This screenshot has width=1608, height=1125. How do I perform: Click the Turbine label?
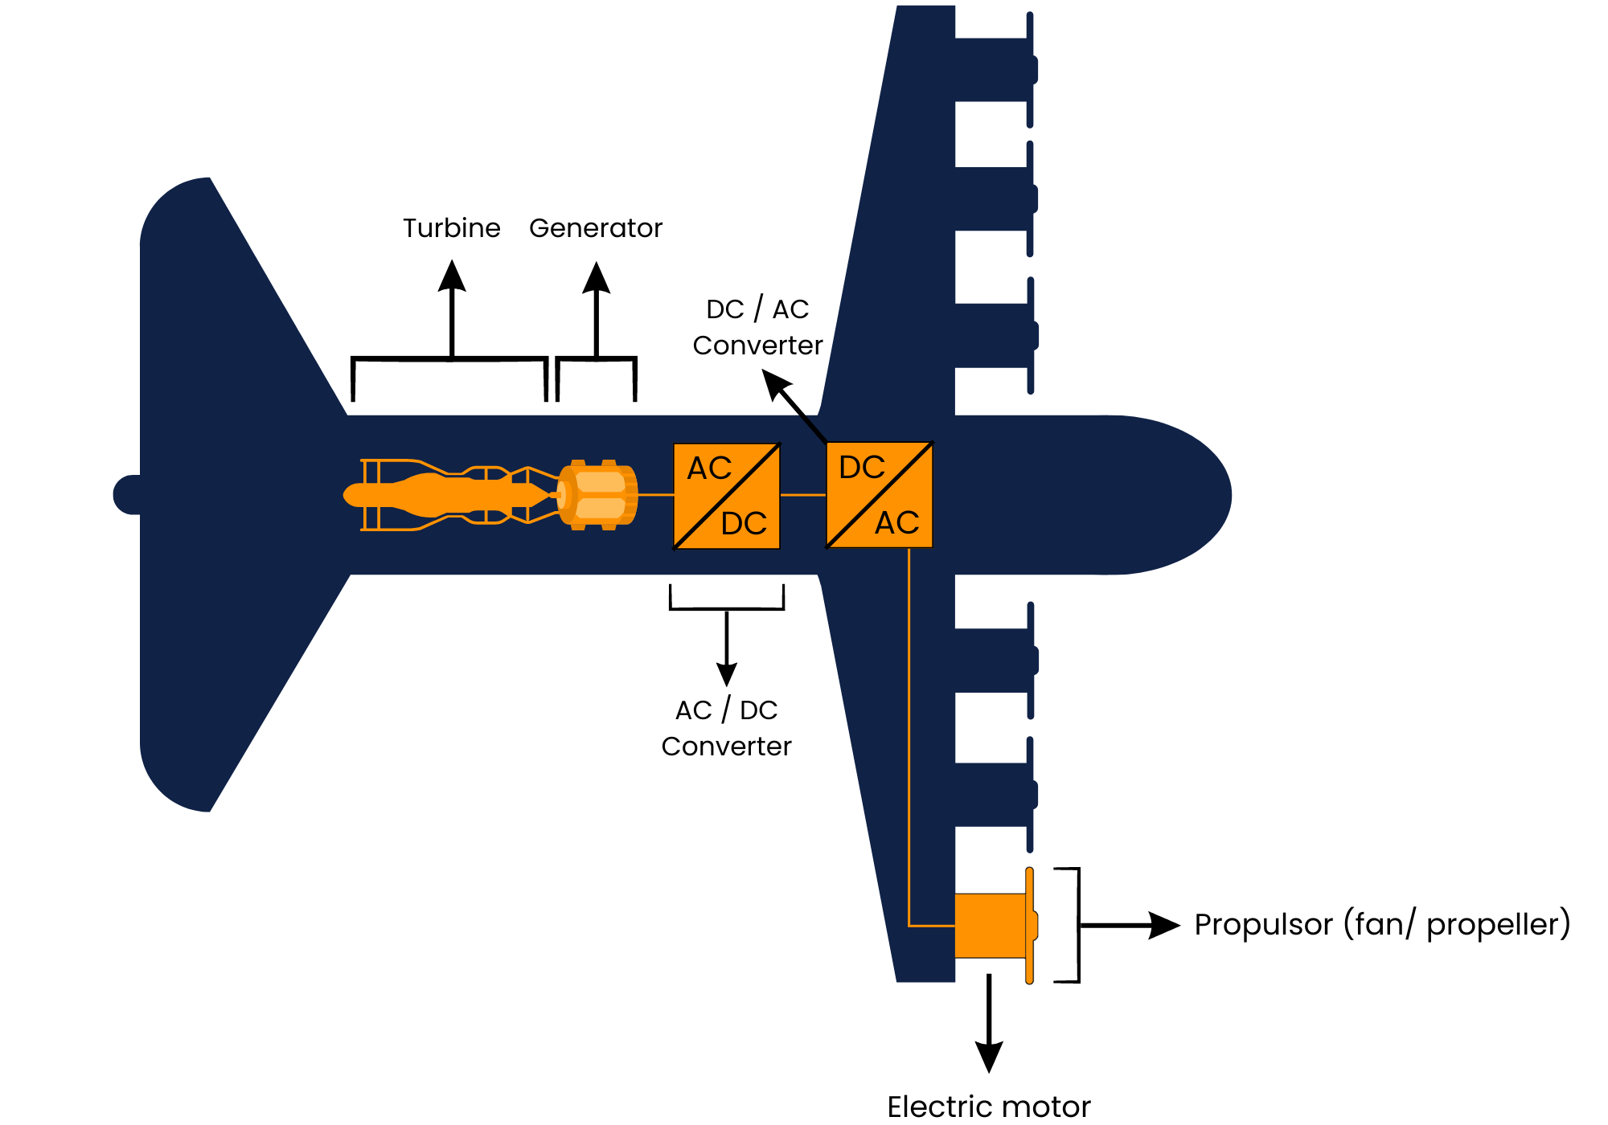coord(451,228)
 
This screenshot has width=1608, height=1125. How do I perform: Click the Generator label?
coord(595,228)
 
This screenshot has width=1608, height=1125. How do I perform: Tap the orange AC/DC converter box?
coord(726,496)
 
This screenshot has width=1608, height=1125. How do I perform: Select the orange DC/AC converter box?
coord(879,495)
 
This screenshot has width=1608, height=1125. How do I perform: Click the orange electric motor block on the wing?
coord(989,925)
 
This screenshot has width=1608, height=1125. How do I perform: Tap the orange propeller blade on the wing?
coord(1029,925)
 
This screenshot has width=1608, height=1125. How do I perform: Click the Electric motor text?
coord(988,1107)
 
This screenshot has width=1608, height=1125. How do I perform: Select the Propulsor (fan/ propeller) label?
coord(1381,924)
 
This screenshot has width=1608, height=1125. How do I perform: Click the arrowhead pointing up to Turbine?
coord(452,276)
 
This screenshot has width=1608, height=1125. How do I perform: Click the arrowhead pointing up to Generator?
coord(596,277)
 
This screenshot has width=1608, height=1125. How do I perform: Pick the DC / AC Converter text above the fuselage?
coord(757,327)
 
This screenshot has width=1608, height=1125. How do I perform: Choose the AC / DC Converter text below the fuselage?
coord(726,728)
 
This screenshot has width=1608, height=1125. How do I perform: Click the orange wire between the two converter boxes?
coord(802,495)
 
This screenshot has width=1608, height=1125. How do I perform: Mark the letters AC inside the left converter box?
coord(708,468)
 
